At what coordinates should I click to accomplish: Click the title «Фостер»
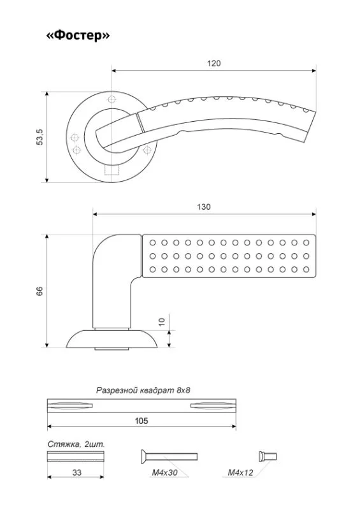click(78, 35)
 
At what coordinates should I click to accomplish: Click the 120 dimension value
click(213, 63)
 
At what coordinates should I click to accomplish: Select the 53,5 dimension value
click(40, 137)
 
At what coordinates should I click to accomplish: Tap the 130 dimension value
click(204, 207)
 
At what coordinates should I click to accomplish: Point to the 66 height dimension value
click(40, 291)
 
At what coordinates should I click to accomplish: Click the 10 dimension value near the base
click(162, 322)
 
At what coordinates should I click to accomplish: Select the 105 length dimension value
click(141, 421)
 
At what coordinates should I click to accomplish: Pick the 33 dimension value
click(76, 472)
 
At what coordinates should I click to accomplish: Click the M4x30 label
click(164, 472)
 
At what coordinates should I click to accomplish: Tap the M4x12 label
click(240, 472)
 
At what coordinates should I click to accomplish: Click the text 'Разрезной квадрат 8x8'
click(143, 390)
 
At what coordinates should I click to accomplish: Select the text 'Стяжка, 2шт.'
click(76, 444)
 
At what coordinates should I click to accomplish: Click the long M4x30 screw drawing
click(169, 456)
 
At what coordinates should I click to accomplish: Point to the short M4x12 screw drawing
click(268, 456)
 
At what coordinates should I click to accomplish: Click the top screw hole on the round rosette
click(112, 99)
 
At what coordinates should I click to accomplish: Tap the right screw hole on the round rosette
click(147, 150)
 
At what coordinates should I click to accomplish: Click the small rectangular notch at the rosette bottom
click(112, 170)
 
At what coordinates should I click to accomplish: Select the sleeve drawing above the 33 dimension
click(76, 456)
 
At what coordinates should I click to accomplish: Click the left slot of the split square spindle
click(70, 405)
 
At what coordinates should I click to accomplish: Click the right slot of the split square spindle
click(213, 405)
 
